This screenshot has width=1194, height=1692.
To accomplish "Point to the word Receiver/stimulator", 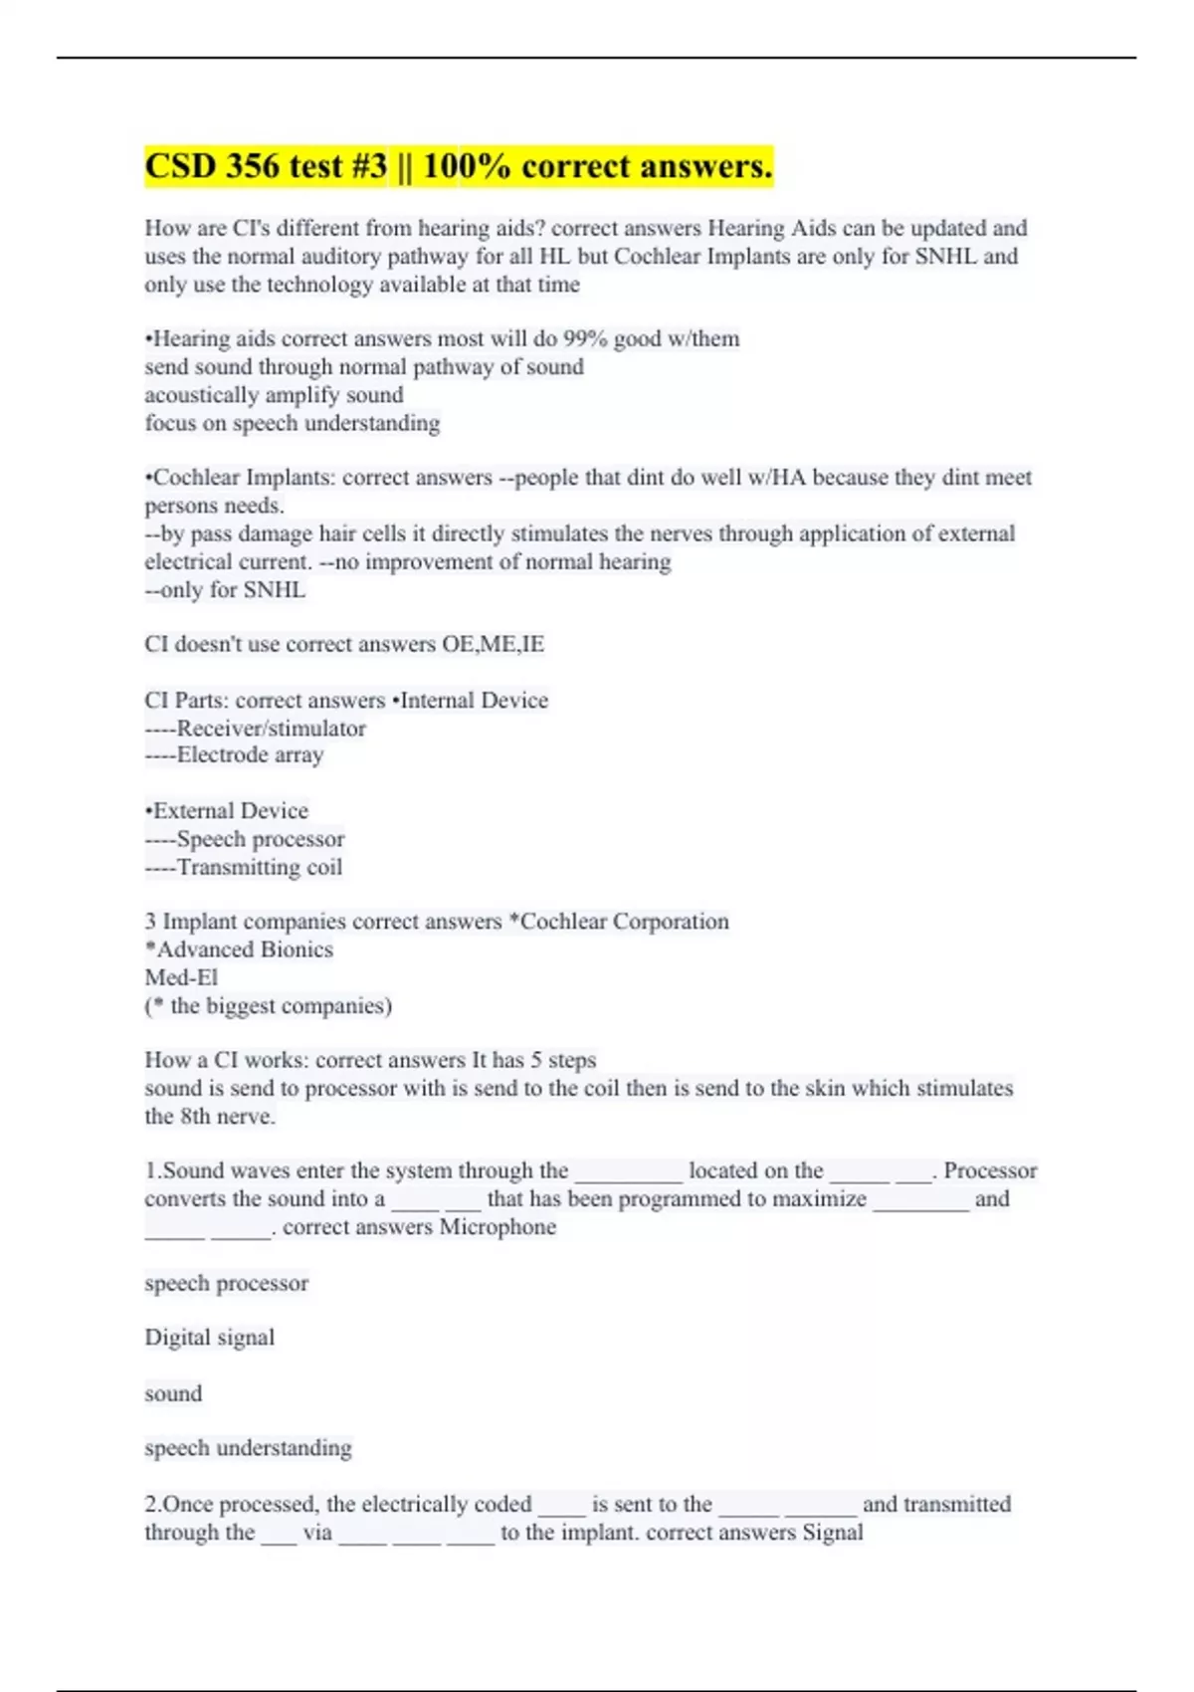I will [x=271, y=728].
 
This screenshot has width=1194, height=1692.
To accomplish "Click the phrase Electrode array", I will [x=250, y=754].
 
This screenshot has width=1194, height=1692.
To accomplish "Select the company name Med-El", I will [x=181, y=977].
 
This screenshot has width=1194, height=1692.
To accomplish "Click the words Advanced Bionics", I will [x=245, y=950].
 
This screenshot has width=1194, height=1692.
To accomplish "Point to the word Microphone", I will [x=497, y=1226].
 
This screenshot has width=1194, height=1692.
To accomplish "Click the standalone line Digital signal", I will [x=209, y=1337].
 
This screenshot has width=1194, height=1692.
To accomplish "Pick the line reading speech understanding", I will [x=248, y=1447].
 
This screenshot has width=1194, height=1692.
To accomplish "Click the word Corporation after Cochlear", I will [x=671, y=922].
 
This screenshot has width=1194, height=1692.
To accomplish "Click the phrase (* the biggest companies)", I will [x=269, y=1005].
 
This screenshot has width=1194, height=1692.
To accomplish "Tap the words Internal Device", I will [x=474, y=700].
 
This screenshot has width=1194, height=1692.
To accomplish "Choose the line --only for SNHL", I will [x=225, y=589].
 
